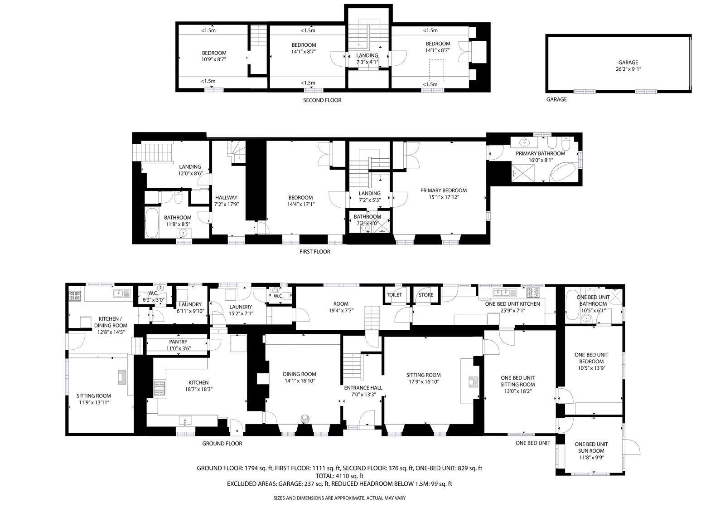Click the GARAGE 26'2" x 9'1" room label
coord(628,65)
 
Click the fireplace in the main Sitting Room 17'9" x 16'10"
coord(474,381)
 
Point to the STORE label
coord(425,294)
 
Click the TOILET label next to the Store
coord(394,294)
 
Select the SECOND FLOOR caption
coord(322,100)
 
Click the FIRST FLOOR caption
coord(314,251)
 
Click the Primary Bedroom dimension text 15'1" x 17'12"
coord(444,197)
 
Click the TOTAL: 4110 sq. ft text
coord(339,476)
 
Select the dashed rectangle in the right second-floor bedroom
coord(436,70)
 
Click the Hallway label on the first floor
coord(226,197)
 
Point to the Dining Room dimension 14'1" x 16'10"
coord(299,381)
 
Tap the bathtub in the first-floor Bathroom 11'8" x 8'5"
coord(151,223)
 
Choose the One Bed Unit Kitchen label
coord(512,303)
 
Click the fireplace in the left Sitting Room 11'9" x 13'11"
coord(122,377)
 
